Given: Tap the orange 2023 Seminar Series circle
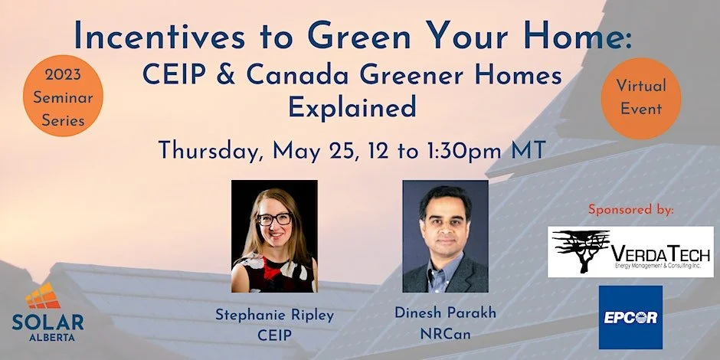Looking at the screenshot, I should [x=59, y=99].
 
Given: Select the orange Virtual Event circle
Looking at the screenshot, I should [x=641, y=97].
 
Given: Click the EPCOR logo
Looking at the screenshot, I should [x=630, y=316].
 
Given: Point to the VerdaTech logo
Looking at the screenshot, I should [x=630, y=251].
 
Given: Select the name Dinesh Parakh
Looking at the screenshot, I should [x=445, y=313].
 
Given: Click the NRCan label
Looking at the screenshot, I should [x=445, y=334].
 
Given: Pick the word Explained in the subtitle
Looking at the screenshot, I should [x=352, y=106].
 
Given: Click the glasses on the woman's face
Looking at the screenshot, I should [x=273, y=219].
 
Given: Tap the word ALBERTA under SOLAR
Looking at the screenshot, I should [x=47, y=334].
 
